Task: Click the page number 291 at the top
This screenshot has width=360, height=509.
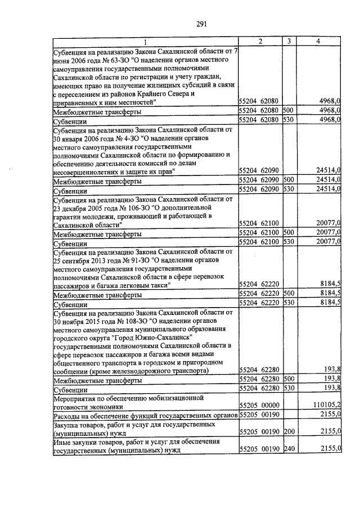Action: pos(202,23)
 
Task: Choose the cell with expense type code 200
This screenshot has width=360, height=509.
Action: pos(288,431)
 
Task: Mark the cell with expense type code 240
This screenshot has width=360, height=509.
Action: pos(288,448)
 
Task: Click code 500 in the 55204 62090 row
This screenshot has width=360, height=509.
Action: pos(288,179)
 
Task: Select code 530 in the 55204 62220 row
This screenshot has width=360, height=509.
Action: pos(288,303)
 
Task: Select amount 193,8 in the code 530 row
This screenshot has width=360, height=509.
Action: pos(332,388)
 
